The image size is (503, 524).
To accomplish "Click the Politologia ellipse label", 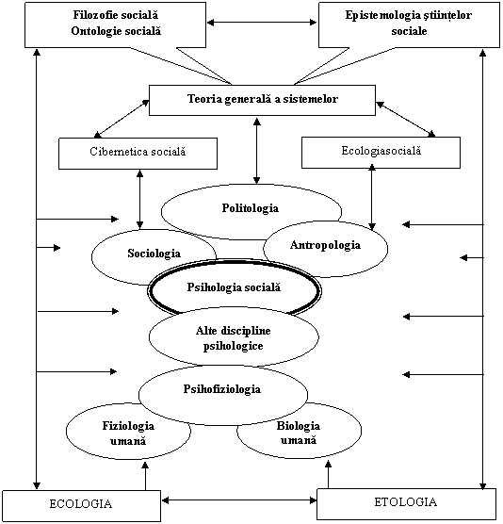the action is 251,208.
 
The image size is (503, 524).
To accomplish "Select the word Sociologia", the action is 154,253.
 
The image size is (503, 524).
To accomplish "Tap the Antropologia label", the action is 325,245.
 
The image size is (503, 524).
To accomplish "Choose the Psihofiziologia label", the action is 222,389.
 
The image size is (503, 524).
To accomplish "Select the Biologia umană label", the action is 299,433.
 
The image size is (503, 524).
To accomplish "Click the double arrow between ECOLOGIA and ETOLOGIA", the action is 239,500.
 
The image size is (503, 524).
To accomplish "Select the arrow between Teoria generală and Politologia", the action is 256,151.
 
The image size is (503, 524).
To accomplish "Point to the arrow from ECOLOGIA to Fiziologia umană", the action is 145,476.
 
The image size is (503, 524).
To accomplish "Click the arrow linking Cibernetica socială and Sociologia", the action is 140,199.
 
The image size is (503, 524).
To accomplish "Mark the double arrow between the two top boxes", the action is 262,23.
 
